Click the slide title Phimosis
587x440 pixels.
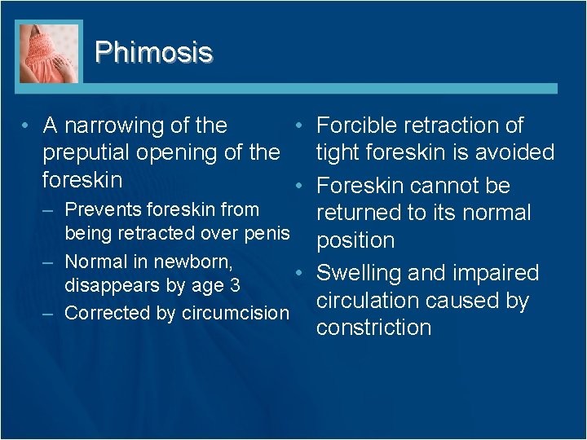pyautogui.click(x=153, y=52)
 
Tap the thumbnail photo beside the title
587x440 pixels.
pyautogui.click(x=49, y=52)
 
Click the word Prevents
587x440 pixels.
pyautogui.click(x=97, y=209)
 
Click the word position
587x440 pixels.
pyautogui.click(x=355, y=241)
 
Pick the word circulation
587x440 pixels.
pyautogui.click(x=369, y=300)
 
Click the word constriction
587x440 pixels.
pyautogui.click(x=373, y=328)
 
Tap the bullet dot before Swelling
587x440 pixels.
pyautogui.click(x=300, y=272)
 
